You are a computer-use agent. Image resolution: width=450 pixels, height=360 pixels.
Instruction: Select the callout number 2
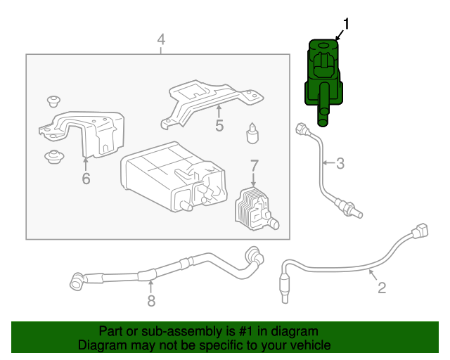click(382, 287)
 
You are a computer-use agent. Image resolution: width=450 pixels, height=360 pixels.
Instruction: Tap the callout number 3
click(340, 165)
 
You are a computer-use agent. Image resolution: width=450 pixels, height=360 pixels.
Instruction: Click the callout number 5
click(219, 126)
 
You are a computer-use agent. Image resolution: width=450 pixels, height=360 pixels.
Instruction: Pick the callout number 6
click(86, 179)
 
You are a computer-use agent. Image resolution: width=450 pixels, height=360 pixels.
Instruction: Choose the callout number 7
click(254, 166)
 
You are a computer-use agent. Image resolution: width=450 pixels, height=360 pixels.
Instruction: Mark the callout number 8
click(150, 301)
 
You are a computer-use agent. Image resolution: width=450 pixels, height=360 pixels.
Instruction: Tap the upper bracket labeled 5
click(211, 99)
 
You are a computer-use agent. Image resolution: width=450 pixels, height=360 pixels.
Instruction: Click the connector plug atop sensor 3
click(303, 129)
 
